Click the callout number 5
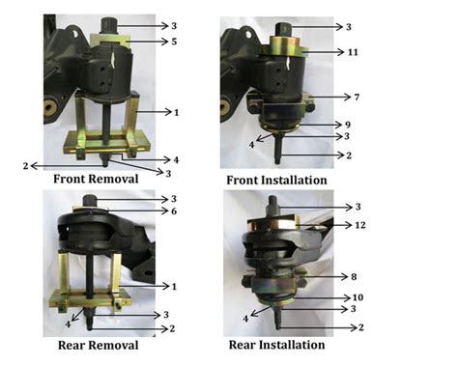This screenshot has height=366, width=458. click(x=175, y=42)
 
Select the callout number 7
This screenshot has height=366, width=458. click(x=358, y=97)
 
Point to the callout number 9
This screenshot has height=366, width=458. click(x=348, y=124)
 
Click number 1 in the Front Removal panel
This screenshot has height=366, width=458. click(x=177, y=112)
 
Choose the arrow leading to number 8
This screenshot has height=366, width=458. click(x=334, y=276)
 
